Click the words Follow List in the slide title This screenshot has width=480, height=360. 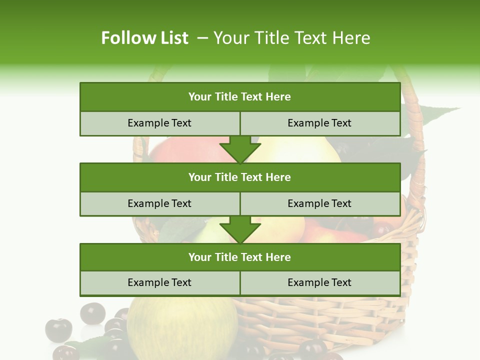[144, 38]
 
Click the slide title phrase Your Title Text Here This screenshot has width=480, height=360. [291, 38]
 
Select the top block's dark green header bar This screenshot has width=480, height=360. [240, 97]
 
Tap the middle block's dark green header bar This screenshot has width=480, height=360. [240, 177]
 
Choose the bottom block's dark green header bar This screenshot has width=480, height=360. [240, 257]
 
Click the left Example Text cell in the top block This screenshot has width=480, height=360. [159, 123]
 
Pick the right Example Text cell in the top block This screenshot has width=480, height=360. [319, 123]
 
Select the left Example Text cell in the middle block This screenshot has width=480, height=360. [159, 203]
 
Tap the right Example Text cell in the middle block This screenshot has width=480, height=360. [319, 203]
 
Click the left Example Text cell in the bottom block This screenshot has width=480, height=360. [159, 282]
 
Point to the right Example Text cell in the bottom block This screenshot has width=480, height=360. [319, 282]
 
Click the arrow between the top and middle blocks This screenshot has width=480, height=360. [240, 149]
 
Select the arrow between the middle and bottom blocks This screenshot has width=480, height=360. [240, 229]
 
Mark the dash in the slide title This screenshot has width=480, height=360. [203, 38]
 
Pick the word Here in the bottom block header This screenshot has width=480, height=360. [278, 257]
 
